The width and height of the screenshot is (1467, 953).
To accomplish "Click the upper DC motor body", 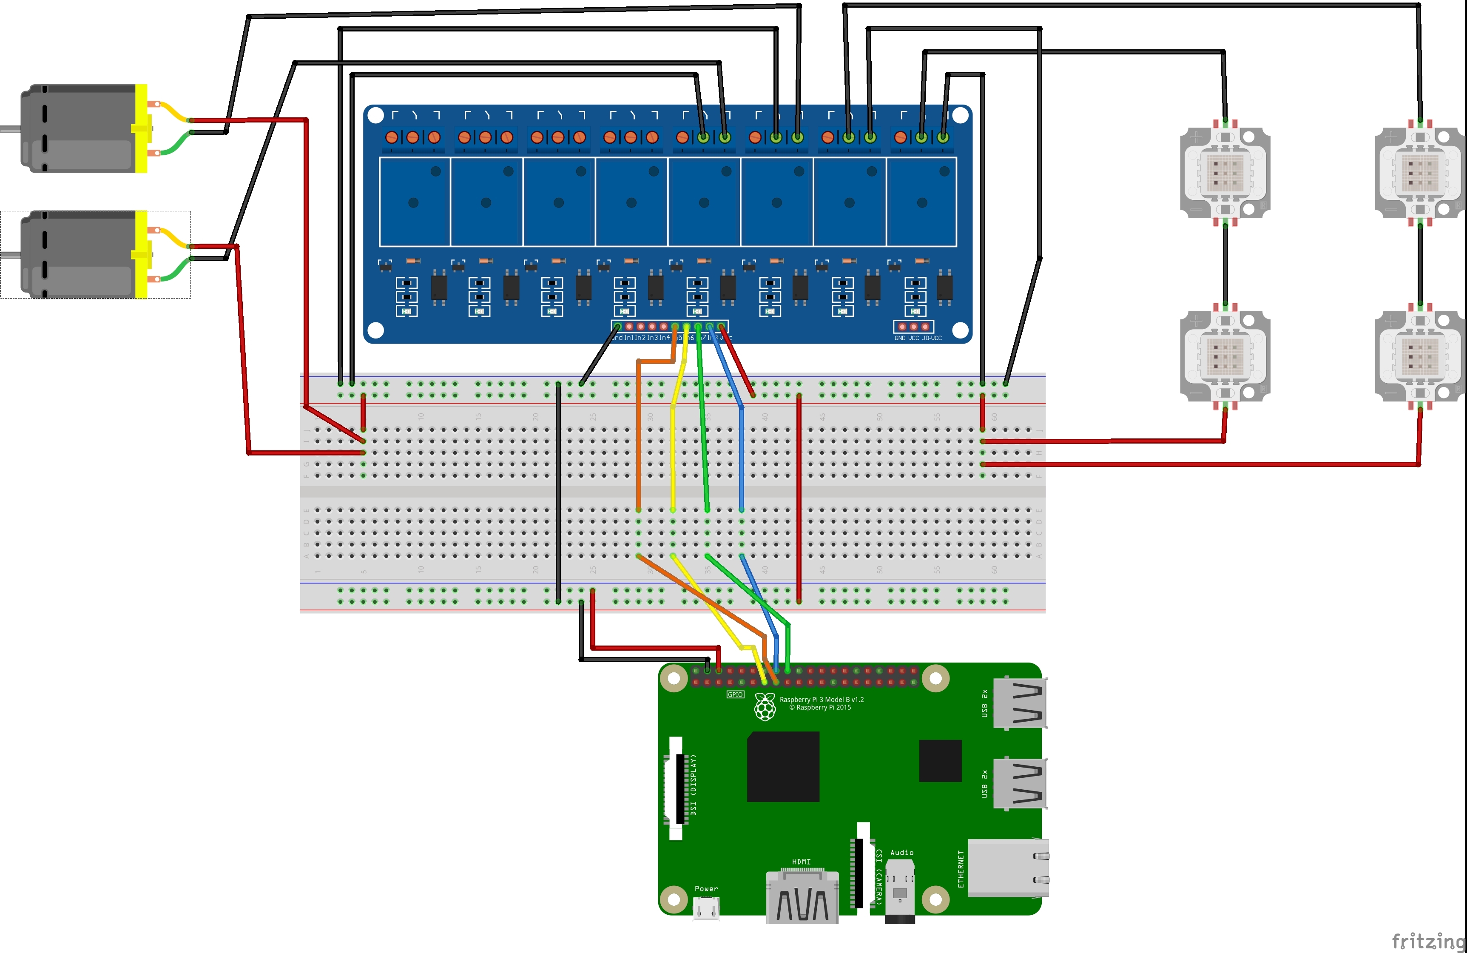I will (77, 128).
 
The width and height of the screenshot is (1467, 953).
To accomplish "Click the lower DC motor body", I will (77, 255).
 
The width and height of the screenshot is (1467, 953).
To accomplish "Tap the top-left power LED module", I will (1225, 173).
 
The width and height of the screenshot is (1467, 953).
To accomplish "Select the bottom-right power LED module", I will (1419, 356).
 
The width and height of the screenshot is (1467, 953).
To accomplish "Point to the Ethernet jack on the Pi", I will (1008, 868).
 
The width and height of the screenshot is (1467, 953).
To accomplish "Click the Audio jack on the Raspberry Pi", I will (900, 891).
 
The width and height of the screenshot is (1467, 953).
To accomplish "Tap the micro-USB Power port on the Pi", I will (706, 908).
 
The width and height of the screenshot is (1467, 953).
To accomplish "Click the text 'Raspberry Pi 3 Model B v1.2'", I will (822, 700).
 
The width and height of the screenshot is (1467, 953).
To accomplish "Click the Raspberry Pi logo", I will (765, 707).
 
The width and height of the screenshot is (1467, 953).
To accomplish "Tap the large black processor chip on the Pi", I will (783, 766).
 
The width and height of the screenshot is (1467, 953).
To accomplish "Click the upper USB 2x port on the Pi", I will (1020, 703).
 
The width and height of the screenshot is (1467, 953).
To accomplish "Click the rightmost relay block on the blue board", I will (921, 202).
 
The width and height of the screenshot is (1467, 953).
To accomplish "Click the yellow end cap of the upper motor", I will (142, 128).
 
